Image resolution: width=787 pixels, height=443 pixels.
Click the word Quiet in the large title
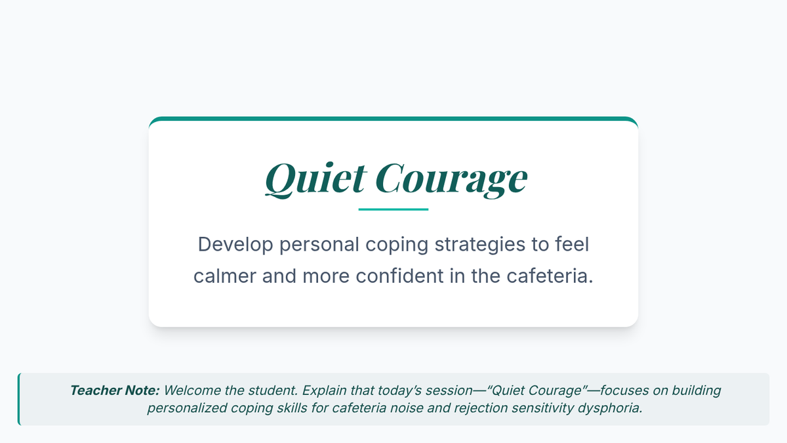(316, 179)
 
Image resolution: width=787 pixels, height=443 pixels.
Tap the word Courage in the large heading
(451, 180)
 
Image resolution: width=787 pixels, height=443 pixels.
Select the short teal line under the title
(393, 209)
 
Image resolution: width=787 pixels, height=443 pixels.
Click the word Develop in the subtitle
(235, 245)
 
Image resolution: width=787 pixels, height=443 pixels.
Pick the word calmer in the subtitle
(224, 276)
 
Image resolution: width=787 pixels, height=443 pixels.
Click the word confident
(399, 276)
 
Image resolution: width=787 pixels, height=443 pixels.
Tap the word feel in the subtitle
(572, 244)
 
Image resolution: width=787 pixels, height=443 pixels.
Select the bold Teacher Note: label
(115, 390)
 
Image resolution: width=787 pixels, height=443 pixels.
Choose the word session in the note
(446, 390)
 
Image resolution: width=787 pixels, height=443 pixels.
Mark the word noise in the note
(406, 408)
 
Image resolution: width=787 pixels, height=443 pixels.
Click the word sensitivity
(542, 408)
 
